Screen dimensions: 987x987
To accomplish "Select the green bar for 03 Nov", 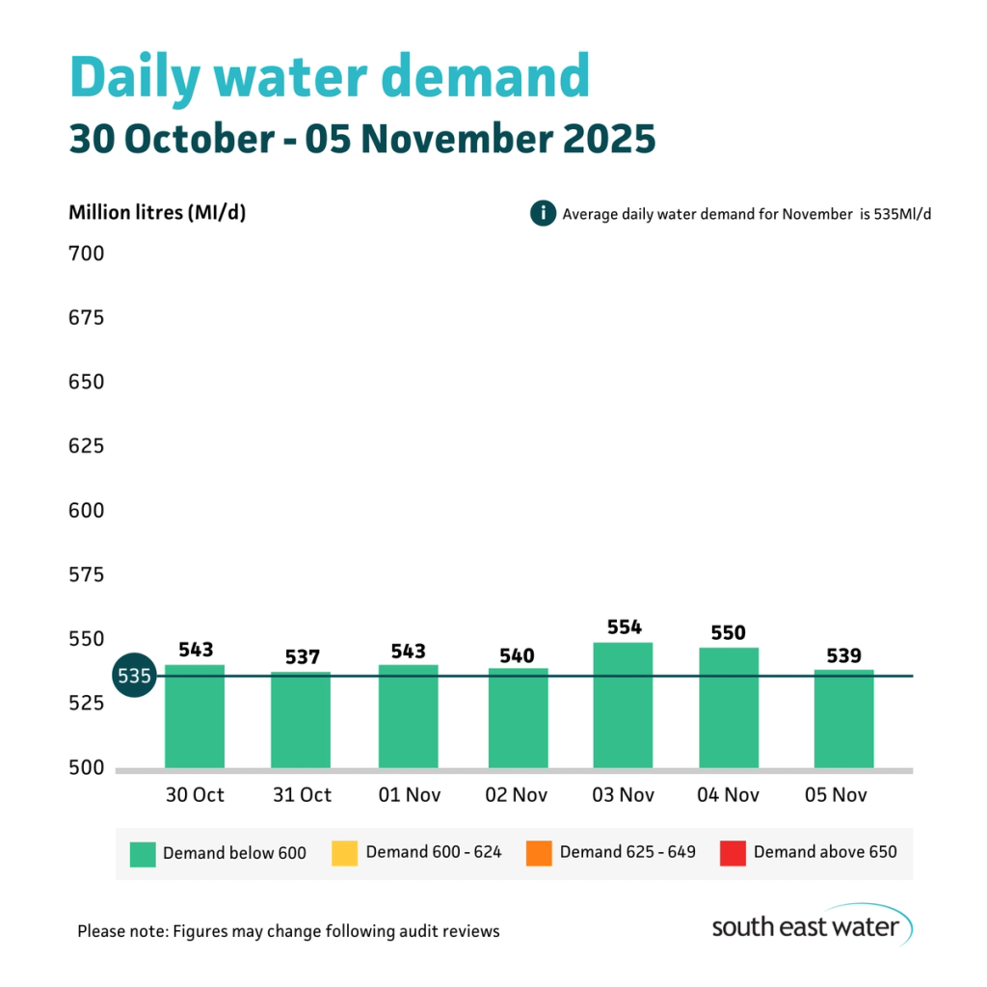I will [x=623, y=706].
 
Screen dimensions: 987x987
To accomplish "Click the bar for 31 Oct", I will [x=301, y=720].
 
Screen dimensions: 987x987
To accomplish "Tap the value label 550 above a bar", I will [x=728, y=632].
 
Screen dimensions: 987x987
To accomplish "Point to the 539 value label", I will [x=843, y=655].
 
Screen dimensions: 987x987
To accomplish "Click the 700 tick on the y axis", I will [x=86, y=254].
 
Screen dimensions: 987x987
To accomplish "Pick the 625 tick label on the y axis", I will [x=86, y=446].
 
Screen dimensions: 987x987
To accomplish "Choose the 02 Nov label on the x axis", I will [x=517, y=795].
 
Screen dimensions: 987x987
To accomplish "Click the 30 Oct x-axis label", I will [x=196, y=795].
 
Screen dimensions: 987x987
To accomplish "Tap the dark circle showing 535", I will [x=133, y=676].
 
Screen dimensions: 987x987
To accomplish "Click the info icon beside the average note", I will [x=543, y=213].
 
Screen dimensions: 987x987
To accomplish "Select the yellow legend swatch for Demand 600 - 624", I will [x=344, y=853].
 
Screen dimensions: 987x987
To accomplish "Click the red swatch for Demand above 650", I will [x=733, y=853].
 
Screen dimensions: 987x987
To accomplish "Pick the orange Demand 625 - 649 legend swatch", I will [x=539, y=853].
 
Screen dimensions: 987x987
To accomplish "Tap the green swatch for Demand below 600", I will [x=143, y=853].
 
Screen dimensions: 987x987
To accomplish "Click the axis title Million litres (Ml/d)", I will [x=157, y=213].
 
